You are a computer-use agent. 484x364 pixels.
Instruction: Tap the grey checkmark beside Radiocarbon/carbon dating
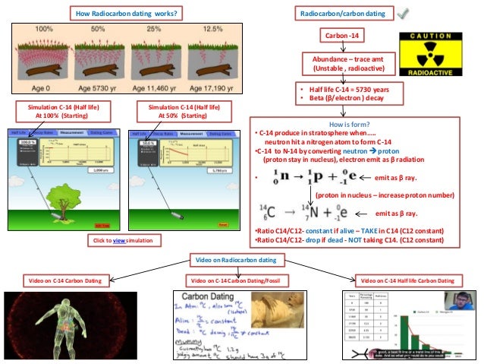pyautogui.click(x=403, y=14)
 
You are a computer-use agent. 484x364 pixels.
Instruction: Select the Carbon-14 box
pyautogui.click(x=345, y=36)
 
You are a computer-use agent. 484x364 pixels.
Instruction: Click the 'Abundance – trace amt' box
pyautogui.click(x=345, y=63)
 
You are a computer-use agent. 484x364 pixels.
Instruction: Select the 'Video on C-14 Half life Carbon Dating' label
pyautogui.click(x=410, y=280)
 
